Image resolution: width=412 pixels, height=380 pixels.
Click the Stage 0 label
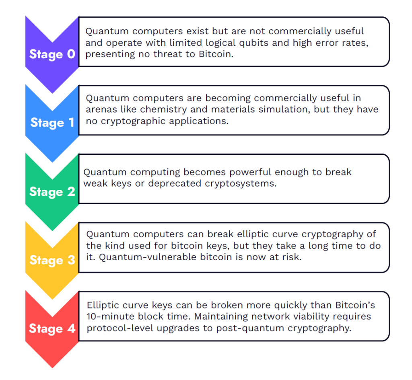[52, 54]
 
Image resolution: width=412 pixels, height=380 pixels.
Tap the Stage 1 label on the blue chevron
[52, 123]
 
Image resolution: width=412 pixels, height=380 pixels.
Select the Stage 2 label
[52, 192]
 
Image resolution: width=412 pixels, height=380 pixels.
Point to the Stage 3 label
[52, 260]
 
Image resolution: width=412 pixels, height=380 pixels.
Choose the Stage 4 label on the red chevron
[52, 329]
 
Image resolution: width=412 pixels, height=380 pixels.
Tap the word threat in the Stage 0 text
[167, 54]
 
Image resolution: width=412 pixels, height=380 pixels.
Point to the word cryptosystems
[241, 183]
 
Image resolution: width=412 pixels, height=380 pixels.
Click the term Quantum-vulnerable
[148, 257]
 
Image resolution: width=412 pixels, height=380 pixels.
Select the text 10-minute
[111, 316]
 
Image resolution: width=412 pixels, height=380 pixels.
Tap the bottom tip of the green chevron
[52, 231]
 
